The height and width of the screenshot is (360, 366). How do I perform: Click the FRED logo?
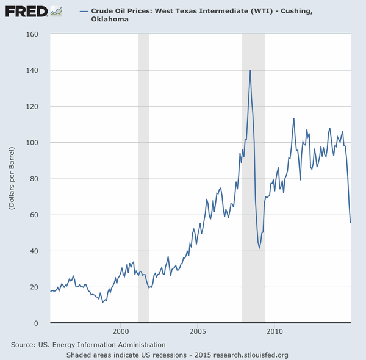click(x=27, y=11)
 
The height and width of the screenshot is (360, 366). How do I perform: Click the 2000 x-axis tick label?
click(x=121, y=331)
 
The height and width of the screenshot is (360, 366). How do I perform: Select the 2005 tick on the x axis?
click(x=198, y=331)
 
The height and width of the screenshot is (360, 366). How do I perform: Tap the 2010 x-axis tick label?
click(x=274, y=331)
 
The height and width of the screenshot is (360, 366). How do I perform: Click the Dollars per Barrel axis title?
click(x=12, y=178)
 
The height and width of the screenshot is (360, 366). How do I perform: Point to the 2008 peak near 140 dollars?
click(x=250, y=71)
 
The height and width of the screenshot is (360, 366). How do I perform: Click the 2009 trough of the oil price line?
click(x=259, y=248)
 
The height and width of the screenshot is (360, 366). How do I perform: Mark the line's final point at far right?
click(x=350, y=222)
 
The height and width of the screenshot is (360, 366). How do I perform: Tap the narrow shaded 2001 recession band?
click(x=143, y=183)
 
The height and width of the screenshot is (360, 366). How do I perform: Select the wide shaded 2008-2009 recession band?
click(x=254, y=183)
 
